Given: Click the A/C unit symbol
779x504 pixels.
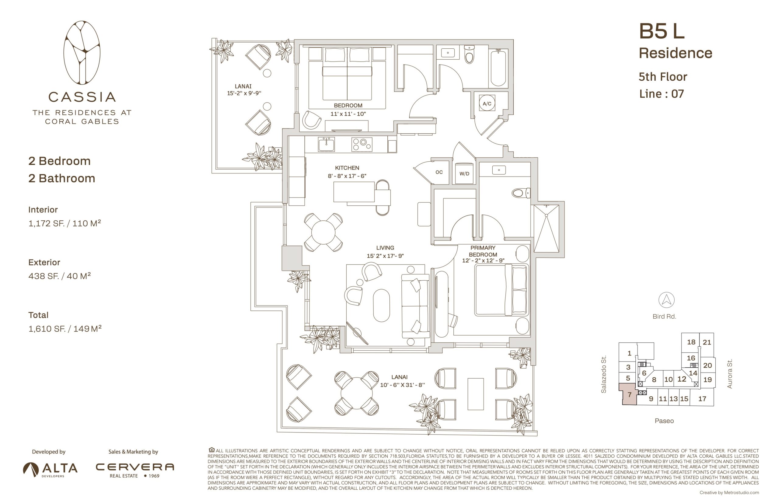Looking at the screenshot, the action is [x=487, y=103].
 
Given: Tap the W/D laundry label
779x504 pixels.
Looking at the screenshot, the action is [x=464, y=173].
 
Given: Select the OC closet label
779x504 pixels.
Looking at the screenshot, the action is [x=439, y=172].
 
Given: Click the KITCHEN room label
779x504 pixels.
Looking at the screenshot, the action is [x=347, y=168].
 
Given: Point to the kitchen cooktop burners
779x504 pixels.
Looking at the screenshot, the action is [x=362, y=144].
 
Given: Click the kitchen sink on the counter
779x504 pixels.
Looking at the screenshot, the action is [x=326, y=144].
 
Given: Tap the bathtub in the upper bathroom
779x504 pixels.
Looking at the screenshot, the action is [x=498, y=68].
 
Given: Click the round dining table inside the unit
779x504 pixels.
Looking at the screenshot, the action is [x=323, y=232].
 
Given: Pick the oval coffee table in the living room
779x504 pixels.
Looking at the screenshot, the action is [x=381, y=305].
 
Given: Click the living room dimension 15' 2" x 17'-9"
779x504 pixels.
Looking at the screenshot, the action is [x=385, y=256].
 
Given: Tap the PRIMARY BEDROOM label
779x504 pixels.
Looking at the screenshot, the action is [x=483, y=251].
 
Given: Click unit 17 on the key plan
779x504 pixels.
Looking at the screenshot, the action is [x=702, y=399].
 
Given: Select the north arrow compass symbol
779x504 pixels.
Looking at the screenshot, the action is [x=666, y=300].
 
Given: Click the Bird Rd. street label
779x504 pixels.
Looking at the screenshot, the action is [x=664, y=317].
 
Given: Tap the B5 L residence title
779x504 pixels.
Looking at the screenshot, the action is [x=662, y=31].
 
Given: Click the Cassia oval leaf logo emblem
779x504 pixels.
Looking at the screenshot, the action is [x=82, y=53].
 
